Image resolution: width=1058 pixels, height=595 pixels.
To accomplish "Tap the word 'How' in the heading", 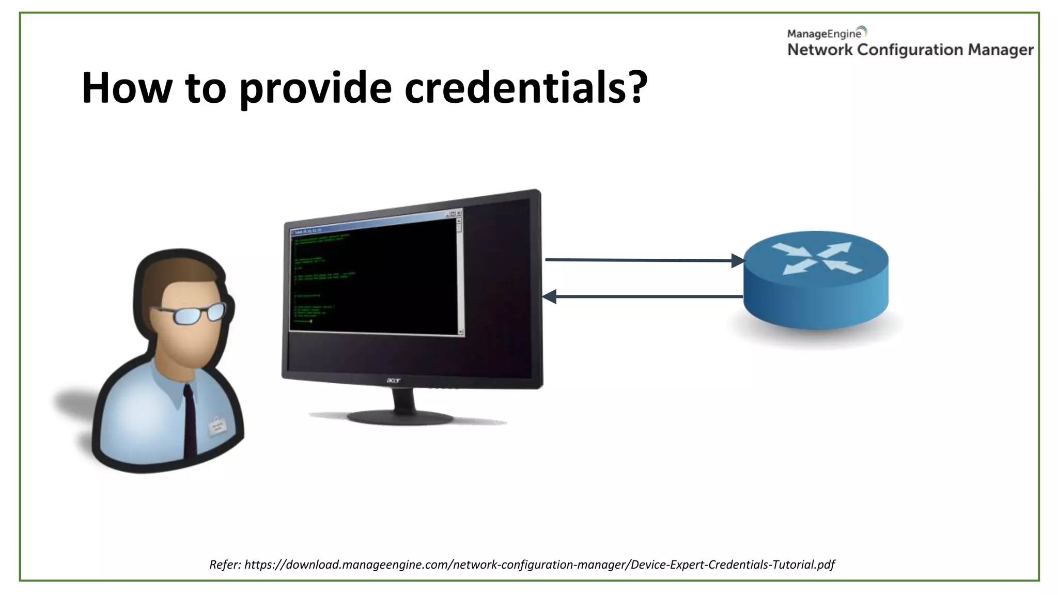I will [x=127, y=88].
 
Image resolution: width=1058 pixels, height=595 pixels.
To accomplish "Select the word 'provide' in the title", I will [x=315, y=88].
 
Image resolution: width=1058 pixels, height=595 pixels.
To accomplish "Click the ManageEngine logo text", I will [x=824, y=34].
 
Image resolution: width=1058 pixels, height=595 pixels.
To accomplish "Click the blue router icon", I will [x=816, y=279].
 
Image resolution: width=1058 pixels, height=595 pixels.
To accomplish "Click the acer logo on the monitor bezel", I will [x=394, y=381].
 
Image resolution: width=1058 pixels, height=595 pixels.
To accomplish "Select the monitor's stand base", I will [x=400, y=417].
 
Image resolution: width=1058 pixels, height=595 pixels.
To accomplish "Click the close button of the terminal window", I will [x=459, y=213].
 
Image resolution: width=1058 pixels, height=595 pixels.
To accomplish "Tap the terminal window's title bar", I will [x=372, y=223].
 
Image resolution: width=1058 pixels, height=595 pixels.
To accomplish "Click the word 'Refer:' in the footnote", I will [x=225, y=565].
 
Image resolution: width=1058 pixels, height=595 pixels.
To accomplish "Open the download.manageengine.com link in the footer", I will [x=539, y=565].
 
